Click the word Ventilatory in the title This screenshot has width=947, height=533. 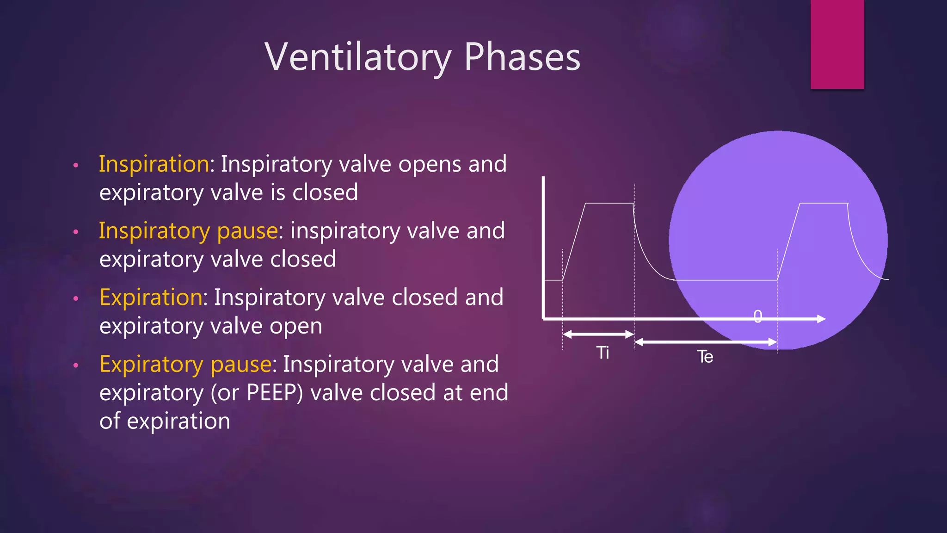point(358,57)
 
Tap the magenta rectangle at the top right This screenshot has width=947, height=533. point(837,44)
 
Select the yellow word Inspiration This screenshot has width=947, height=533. point(154,164)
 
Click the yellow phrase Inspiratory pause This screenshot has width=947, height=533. point(188,231)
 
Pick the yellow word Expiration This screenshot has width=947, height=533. point(151,297)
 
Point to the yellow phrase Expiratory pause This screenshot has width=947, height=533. point(185,365)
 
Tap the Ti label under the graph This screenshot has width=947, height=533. point(603,353)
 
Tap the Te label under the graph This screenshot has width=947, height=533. point(705,357)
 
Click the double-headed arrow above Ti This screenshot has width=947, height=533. point(598,334)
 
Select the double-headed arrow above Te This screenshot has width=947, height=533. point(705,342)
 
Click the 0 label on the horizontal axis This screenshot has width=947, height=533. point(757,316)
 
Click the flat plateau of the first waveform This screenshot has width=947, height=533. point(609,203)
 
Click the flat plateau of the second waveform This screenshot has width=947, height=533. point(823,203)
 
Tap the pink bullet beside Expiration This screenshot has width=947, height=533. point(76,299)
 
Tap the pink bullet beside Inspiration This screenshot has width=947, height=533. point(76,165)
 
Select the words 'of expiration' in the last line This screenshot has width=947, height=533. point(165,421)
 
